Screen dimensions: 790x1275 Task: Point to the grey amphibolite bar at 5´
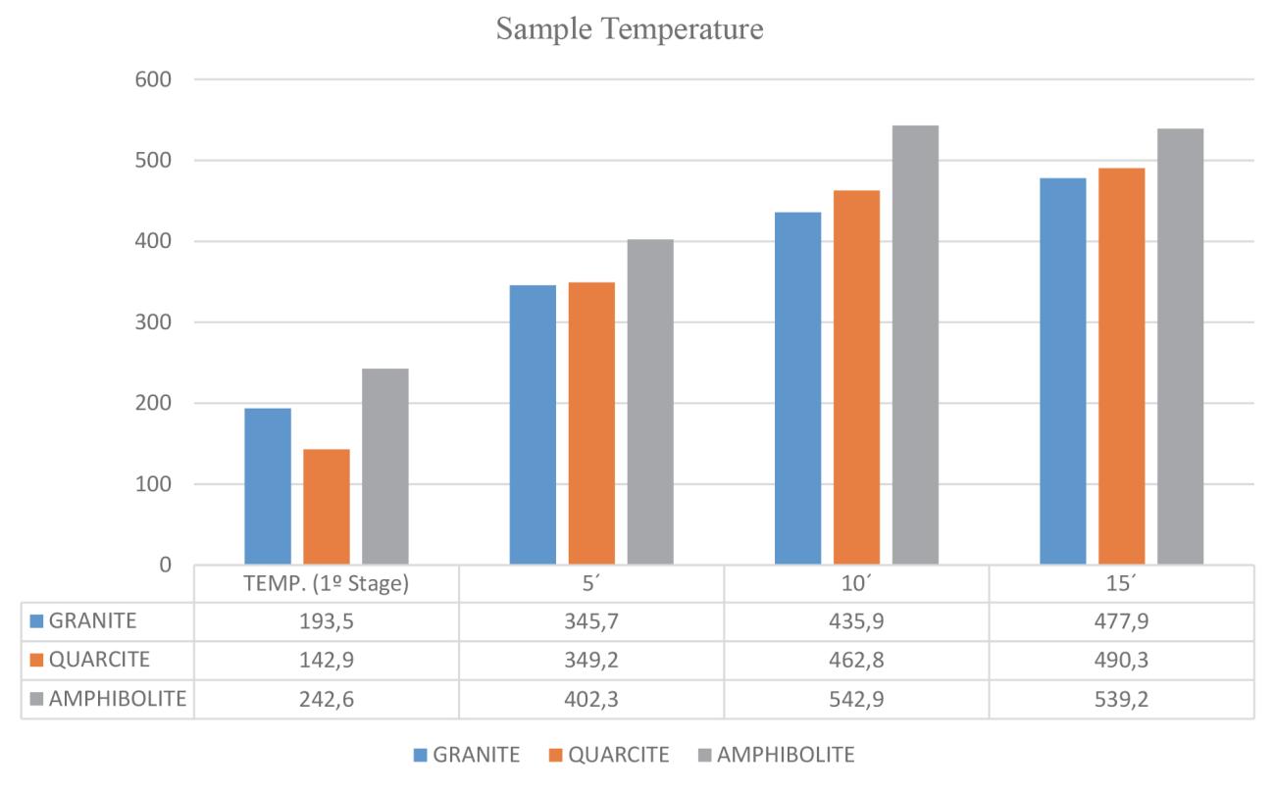tap(650, 402)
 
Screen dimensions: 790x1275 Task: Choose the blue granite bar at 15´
tap(1062, 371)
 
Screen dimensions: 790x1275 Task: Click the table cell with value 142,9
tap(327, 659)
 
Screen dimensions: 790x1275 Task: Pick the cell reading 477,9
tap(1121, 621)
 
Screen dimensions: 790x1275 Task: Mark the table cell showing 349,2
tap(591, 659)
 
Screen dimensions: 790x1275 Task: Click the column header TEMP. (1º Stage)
tap(327, 584)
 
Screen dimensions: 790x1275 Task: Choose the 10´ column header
tap(856, 584)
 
